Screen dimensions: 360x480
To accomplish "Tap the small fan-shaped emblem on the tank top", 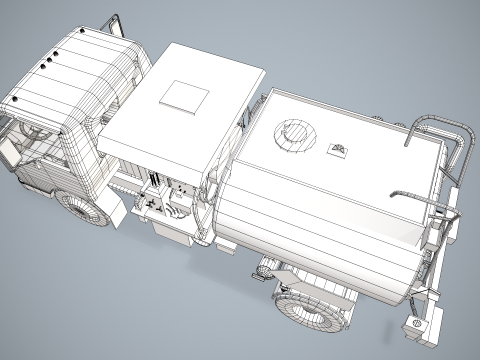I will click(x=338, y=150).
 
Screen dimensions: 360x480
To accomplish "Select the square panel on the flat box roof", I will click(x=183, y=95).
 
